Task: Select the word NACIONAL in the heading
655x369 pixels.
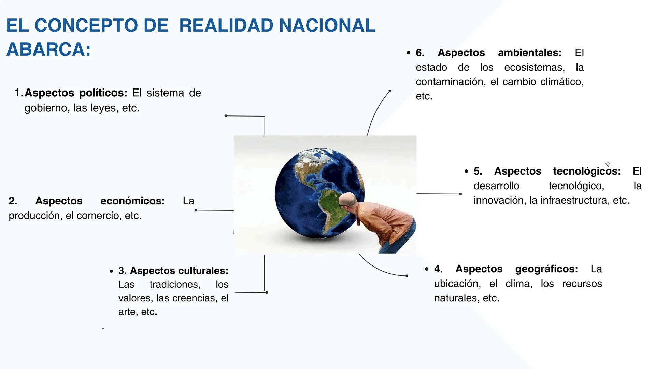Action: coord(327,26)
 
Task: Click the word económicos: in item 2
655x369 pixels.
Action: coord(132,201)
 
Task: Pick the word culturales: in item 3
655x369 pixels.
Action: coord(203,271)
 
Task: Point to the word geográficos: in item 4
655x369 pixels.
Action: coord(546,269)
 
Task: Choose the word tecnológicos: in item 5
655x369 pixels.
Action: coord(587,171)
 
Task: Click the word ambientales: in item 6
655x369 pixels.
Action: coord(529,53)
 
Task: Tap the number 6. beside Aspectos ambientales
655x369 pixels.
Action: coord(420,53)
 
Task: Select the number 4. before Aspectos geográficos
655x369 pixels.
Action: coord(438,269)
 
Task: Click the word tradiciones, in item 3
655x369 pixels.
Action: coord(175,284)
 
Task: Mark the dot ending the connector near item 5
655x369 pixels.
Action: coord(460,194)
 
